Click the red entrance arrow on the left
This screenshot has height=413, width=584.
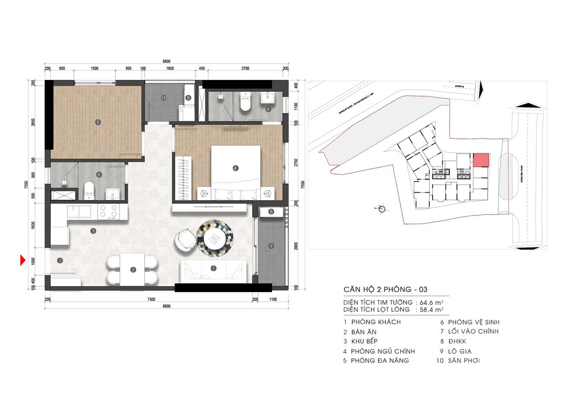point(21,261)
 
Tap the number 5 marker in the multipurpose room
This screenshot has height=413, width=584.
point(97,122)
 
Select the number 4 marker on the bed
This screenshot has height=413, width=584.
point(235,168)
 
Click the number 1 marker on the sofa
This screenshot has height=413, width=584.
point(213,269)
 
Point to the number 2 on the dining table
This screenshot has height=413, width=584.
point(133,270)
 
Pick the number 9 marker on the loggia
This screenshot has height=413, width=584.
point(271,246)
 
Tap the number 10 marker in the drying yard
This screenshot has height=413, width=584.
point(163,98)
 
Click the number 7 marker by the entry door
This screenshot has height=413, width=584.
point(59,261)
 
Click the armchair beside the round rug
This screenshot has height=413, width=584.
point(185,239)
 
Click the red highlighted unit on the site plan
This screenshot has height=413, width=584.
point(480,160)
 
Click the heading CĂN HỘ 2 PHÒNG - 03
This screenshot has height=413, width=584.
point(386,290)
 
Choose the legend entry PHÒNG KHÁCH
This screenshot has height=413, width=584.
point(375,322)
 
